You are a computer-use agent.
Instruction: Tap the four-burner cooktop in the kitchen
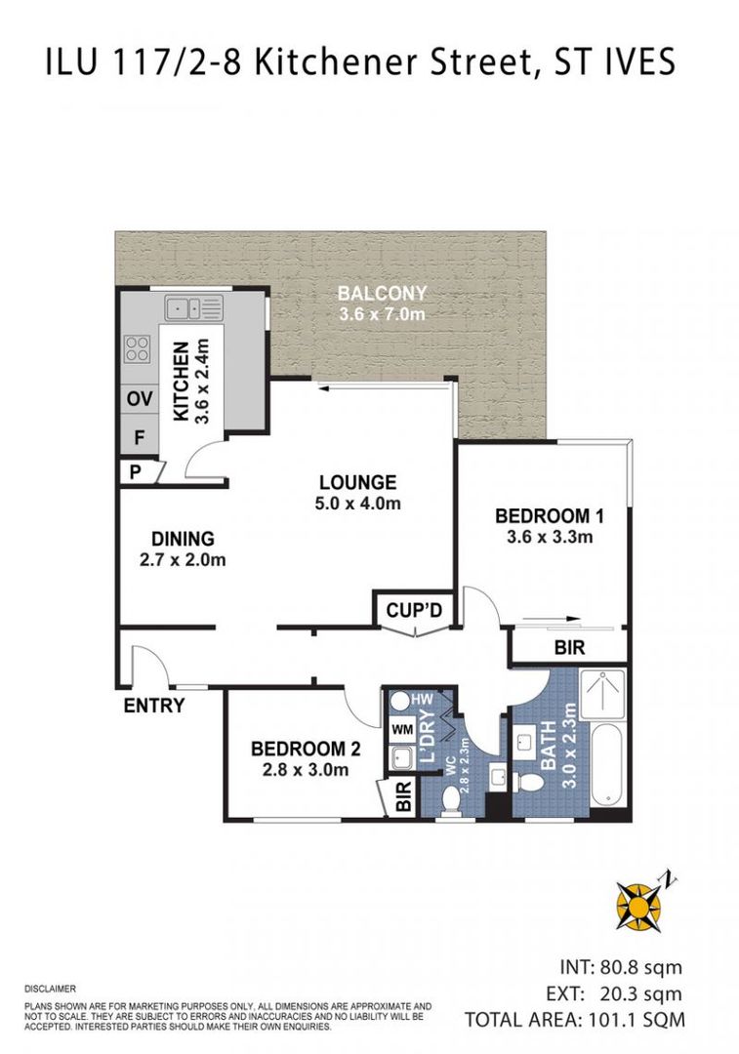click(x=137, y=348)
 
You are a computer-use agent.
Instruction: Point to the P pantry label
click(x=133, y=471)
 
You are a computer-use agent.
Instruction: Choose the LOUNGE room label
click(x=357, y=482)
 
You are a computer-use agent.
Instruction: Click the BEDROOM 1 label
click(x=544, y=515)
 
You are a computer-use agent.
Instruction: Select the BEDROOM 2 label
click(x=306, y=749)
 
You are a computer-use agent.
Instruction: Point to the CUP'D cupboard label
click(x=415, y=611)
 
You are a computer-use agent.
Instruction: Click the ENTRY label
click(x=153, y=705)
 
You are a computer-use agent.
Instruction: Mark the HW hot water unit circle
click(x=400, y=700)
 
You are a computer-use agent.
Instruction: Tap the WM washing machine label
click(x=401, y=729)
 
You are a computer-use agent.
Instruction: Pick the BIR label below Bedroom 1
click(x=565, y=646)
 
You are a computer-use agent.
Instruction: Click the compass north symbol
click(x=640, y=904)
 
